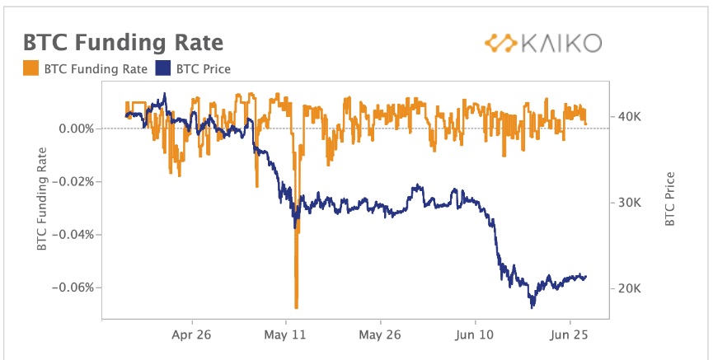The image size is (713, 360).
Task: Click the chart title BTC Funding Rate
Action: click(x=123, y=43)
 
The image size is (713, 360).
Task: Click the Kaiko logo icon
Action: click(x=498, y=42)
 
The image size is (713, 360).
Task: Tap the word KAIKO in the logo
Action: click(x=561, y=43)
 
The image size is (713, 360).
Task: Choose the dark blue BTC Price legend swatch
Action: click(x=162, y=68)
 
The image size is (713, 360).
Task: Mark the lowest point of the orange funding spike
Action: click(x=296, y=306)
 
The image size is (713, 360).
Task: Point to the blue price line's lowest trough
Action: click(x=532, y=307)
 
